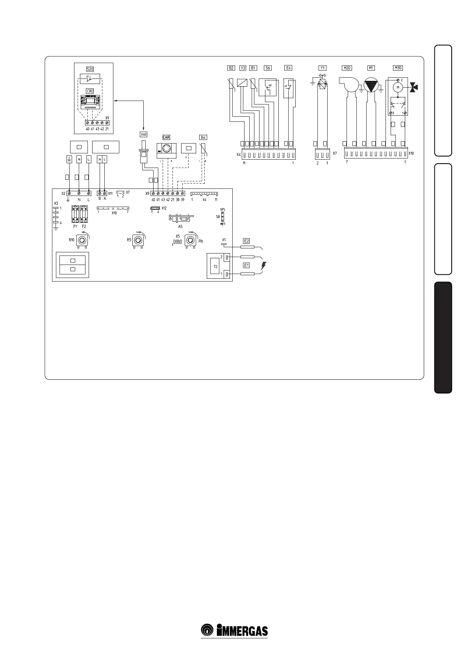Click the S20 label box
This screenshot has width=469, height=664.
90,69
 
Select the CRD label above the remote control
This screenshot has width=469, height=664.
90,91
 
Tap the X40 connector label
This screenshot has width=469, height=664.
144,134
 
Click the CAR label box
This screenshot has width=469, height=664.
166,138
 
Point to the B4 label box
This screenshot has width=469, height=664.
203,138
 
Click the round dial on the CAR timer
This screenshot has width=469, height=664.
167,149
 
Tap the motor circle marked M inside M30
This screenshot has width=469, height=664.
398,87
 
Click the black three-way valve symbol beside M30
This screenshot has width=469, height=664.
414,88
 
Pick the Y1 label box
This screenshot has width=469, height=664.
323,68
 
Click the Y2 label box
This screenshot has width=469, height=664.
243,68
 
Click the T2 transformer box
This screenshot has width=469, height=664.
215,267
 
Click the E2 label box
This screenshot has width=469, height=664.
247,241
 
